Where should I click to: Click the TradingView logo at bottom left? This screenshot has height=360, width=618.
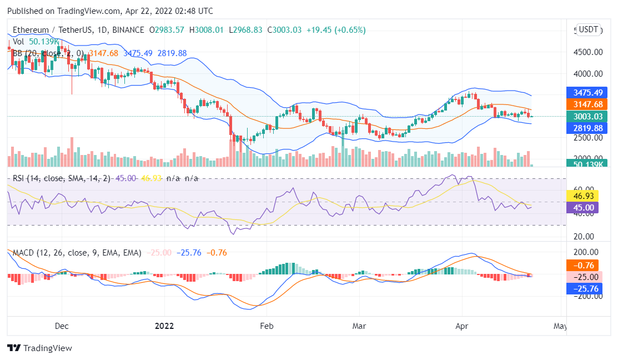[x=39, y=348]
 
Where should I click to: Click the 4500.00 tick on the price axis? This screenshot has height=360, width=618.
[x=587, y=52]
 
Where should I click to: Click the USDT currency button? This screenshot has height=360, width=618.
[x=589, y=29]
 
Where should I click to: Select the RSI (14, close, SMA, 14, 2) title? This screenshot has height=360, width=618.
[x=63, y=178]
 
